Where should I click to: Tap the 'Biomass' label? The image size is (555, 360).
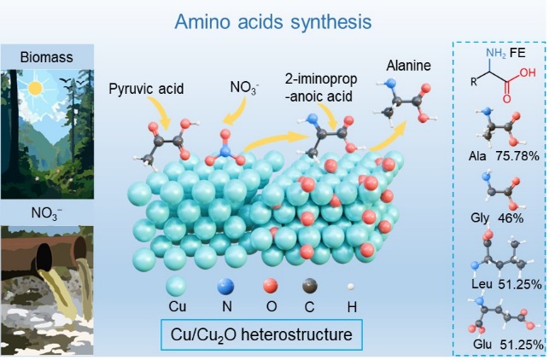pyautogui.click(x=49, y=58)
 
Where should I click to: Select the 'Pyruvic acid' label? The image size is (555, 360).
pyautogui.click(x=148, y=88)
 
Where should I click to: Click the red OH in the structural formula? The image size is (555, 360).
pyautogui.click(x=527, y=73)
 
